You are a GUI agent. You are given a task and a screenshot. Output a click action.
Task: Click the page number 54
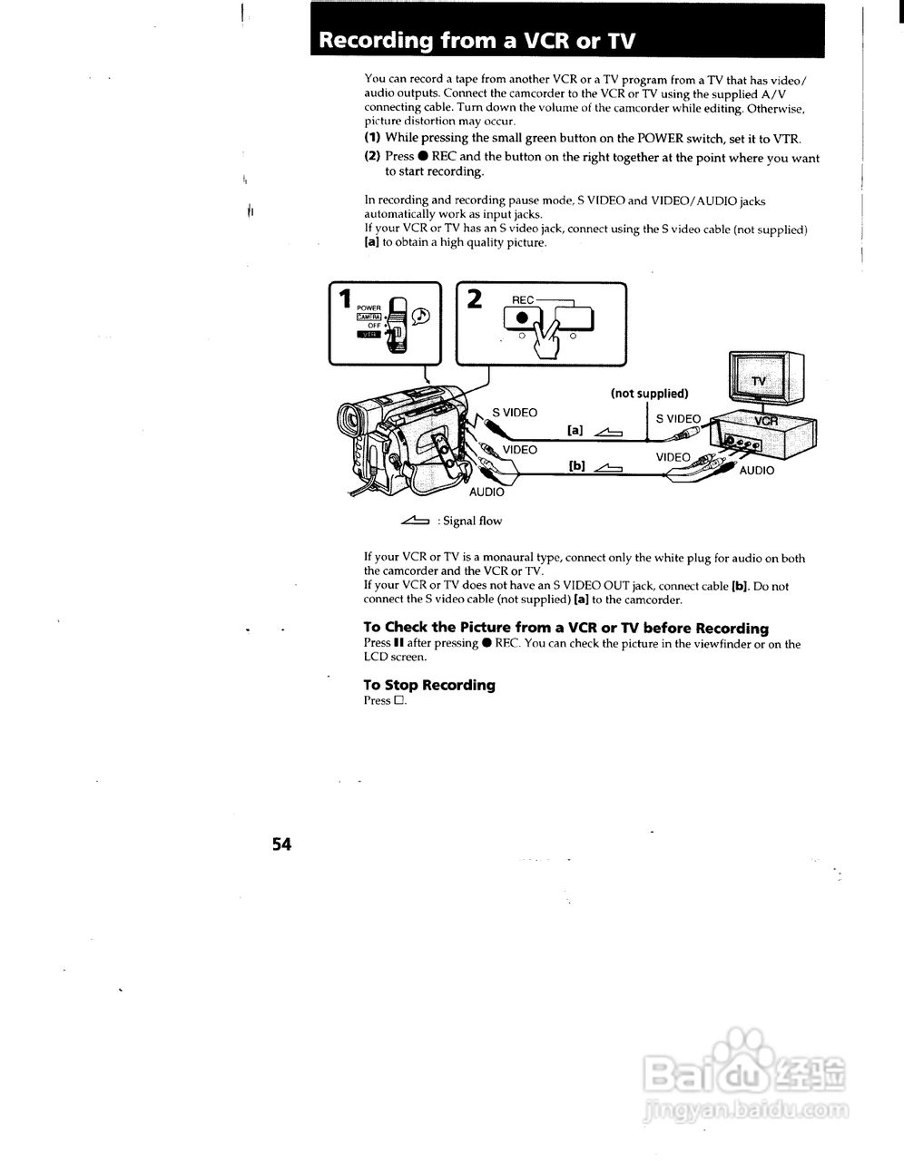(x=280, y=844)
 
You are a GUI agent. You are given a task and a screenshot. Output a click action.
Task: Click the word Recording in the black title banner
(x=376, y=41)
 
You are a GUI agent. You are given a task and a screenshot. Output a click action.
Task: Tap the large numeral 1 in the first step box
(x=344, y=298)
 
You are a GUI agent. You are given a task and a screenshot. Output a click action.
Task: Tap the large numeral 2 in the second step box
(x=474, y=298)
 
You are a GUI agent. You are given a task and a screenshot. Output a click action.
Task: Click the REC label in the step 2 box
(x=524, y=300)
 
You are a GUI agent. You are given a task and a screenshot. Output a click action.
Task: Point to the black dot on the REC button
(x=521, y=317)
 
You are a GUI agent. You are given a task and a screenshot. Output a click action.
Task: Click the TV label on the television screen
(x=759, y=381)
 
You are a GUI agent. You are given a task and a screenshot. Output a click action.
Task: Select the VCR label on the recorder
(x=768, y=421)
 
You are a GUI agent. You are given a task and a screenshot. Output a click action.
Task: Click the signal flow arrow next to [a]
(x=608, y=432)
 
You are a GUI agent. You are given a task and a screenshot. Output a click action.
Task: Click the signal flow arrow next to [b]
(x=608, y=467)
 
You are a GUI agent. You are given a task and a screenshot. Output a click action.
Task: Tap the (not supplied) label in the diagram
(x=649, y=394)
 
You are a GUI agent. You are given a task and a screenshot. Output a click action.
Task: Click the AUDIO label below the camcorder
(x=486, y=492)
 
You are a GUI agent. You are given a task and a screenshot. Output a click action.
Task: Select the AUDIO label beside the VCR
(x=757, y=471)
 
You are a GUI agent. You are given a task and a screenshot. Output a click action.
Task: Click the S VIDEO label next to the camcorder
(x=515, y=413)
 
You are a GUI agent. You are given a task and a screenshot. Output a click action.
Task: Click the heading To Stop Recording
(x=429, y=685)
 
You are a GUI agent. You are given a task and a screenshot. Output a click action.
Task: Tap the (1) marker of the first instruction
(x=372, y=138)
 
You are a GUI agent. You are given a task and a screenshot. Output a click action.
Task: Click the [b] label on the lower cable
(x=576, y=466)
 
